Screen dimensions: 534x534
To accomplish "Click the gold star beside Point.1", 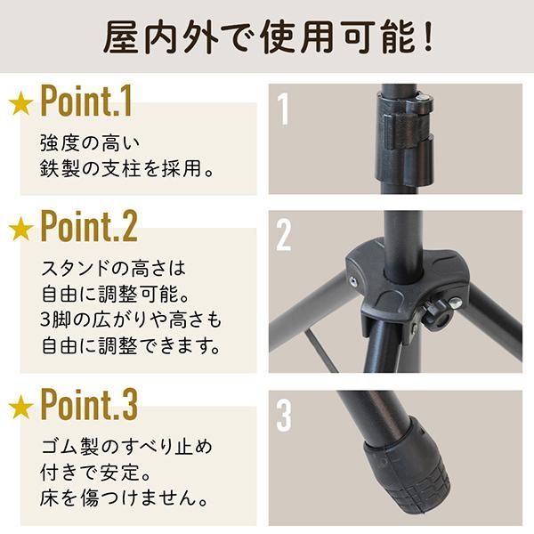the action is (x=21, y=102).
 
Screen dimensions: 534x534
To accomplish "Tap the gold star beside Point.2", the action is (x=21, y=228).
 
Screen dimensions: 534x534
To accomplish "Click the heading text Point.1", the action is (x=85, y=101).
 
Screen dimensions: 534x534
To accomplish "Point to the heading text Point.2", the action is (x=89, y=226).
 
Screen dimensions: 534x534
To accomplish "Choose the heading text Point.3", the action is (x=89, y=404).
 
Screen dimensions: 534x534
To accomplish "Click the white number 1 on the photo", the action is (x=283, y=109).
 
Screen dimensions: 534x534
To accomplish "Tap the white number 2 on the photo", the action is (x=284, y=235).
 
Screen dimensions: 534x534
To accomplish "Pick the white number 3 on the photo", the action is (x=284, y=415).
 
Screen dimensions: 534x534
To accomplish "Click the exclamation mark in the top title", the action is (x=428, y=36).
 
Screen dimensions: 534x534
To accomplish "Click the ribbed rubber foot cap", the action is (x=407, y=473).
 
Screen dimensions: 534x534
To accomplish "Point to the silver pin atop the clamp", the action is (x=422, y=98).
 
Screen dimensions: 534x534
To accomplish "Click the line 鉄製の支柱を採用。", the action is (x=127, y=168).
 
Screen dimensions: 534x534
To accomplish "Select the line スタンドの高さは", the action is (x=113, y=268).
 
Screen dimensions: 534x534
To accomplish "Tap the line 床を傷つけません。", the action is (x=124, y=498).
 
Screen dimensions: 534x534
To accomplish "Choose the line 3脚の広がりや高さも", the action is (x=131, y=320).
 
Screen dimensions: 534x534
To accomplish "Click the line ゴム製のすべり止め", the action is (x=126, y=447).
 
